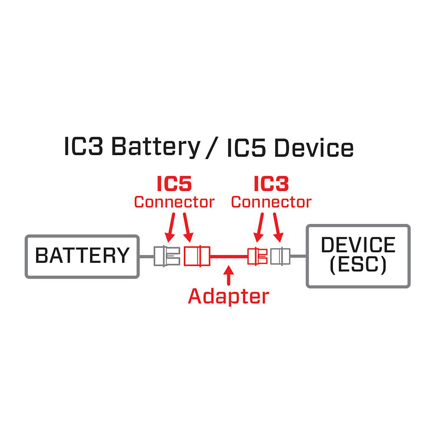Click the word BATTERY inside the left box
(82, 255)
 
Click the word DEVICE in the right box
(358, 245)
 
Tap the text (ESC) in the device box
(358, 264)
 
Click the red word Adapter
(228, 296)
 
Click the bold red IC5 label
(174, 184)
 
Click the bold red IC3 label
(271, 184)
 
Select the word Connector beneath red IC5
(174, 202)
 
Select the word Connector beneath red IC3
(271, 202)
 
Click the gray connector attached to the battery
(167, 256)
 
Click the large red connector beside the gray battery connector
(197, 256)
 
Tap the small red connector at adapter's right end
(257, 256)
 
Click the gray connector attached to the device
(280, 256)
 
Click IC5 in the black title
(246, 148)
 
